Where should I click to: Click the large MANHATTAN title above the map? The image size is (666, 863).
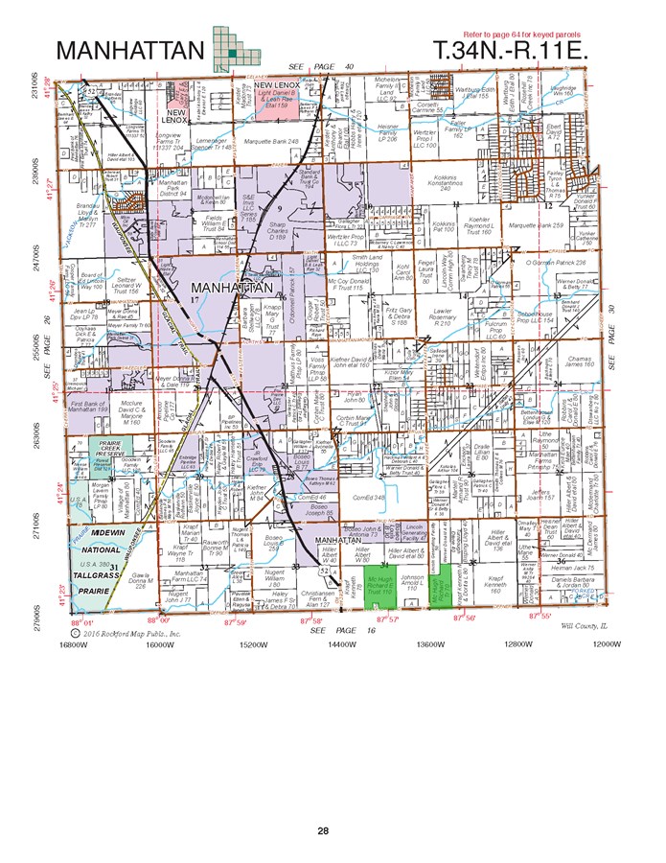tap(129, 50)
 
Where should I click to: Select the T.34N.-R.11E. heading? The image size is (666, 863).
tap(509, 50)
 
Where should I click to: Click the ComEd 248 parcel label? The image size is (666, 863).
tap(368, 498)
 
